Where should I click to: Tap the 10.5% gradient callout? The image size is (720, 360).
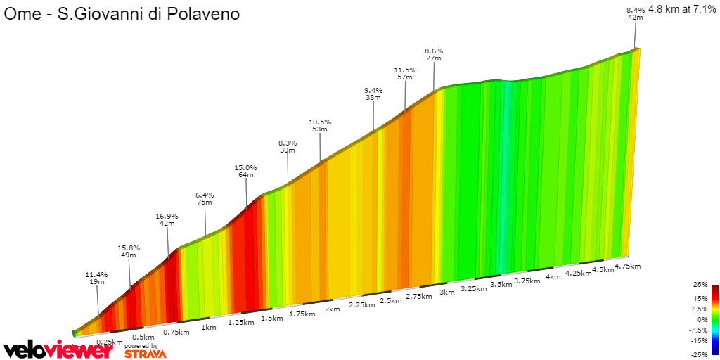click(320, 125)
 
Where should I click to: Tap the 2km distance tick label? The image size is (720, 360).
click(333, 309)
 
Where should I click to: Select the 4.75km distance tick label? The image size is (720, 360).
click(627, 266)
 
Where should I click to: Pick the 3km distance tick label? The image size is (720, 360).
click(447, 292)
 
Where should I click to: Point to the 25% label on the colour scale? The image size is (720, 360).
click(700, 285)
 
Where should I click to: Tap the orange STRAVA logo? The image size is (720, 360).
click(145, 354)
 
